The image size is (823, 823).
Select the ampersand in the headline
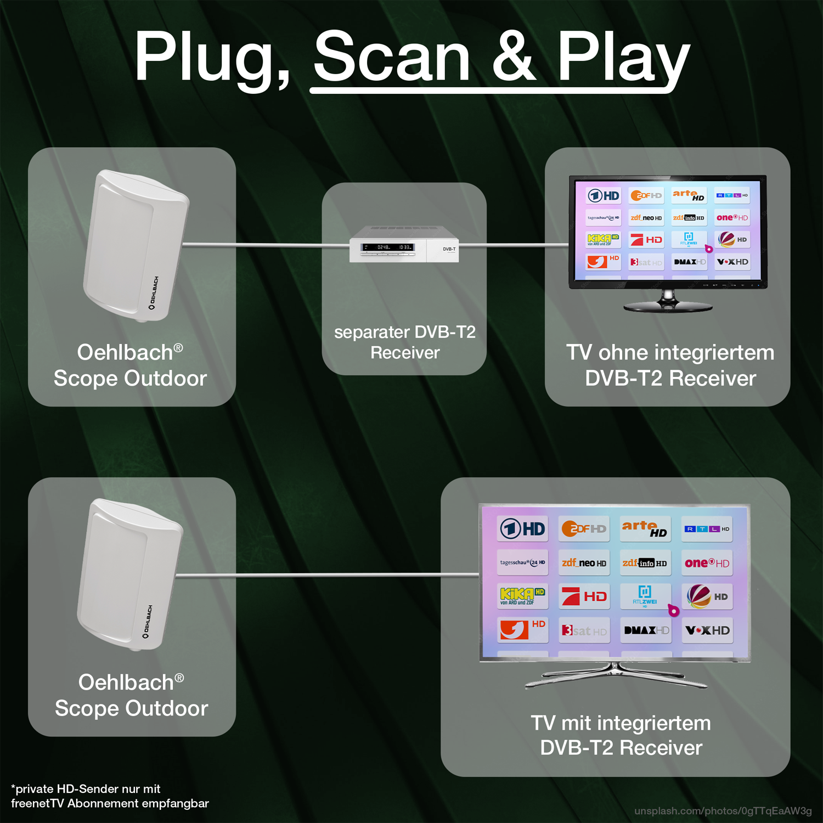click(x=514, y=56)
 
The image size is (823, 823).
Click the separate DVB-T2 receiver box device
click(x=404, y=244)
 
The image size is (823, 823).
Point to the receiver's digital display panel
click(x=387, y=247)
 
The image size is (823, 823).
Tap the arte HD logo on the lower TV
click(x=645, y=528)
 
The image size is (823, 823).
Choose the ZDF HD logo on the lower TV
click(x=584, y=529)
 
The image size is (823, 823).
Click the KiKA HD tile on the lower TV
click(x=522, y=596)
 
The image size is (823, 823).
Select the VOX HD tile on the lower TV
click(x=707, y=630)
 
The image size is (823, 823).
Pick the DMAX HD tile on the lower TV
click(x=646, y=630)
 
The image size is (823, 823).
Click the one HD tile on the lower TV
click(x=707, y=563)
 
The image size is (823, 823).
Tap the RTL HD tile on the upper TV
click(x=732, y=195)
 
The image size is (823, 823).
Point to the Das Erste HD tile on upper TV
click(x=603, y=195)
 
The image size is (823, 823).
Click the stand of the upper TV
click(x=668, y=302)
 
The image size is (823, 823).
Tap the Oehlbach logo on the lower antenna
click(x=147, y=622)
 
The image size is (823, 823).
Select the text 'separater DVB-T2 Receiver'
click(x=405, y=342)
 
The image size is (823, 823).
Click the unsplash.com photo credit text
click(x=723, y=810)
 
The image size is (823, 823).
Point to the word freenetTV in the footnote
click(x=37, y=803)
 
